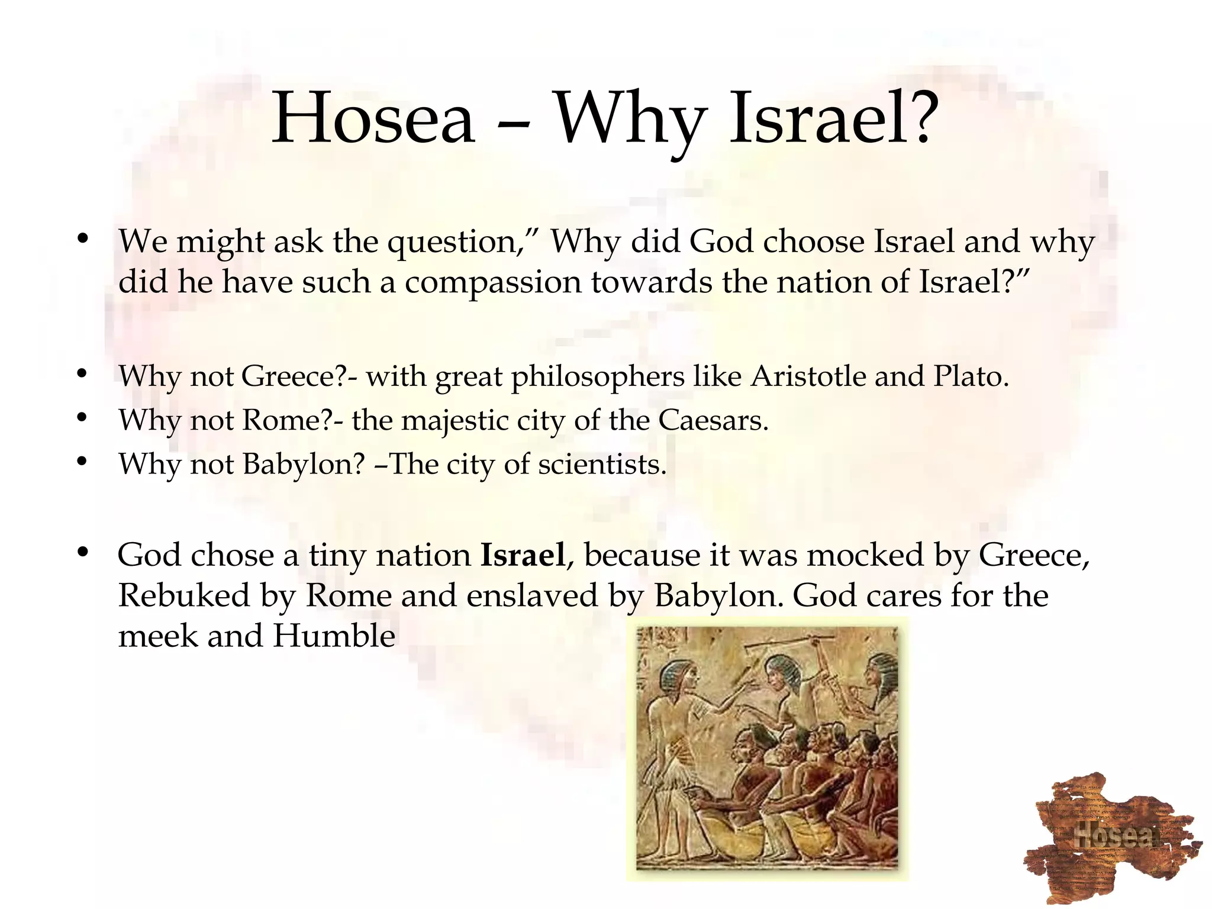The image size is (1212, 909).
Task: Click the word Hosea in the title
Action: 373,118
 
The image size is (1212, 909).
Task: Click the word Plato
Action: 971,376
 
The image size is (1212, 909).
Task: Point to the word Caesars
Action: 713,420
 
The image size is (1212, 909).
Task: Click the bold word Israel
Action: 523,555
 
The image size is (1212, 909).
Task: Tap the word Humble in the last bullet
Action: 334,636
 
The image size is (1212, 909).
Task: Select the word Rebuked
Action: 184,595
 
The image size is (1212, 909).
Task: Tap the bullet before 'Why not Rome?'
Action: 82,418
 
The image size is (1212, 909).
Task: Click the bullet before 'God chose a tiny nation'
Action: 82,553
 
